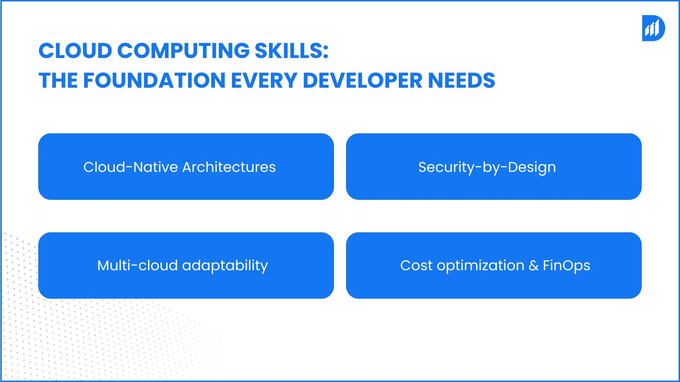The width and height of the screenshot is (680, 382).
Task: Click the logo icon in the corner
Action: [653, 28]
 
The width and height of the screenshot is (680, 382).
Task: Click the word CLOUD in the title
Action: [75, 51]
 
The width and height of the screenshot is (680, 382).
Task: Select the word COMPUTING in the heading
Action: [183, 51]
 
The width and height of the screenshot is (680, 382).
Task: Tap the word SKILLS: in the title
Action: [291, 51]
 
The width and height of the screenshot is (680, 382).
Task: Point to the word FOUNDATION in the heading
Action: [154, 80]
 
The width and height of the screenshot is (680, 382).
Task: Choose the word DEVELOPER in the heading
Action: [363, 80]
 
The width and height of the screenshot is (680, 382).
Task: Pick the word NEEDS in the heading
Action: [461, 80]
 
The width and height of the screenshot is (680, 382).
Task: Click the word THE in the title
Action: [58, 80]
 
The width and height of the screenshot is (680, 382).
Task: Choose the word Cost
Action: [416, 265]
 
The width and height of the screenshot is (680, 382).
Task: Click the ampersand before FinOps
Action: [533, 266]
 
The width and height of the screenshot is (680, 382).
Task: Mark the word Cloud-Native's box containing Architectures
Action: [186, 167]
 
